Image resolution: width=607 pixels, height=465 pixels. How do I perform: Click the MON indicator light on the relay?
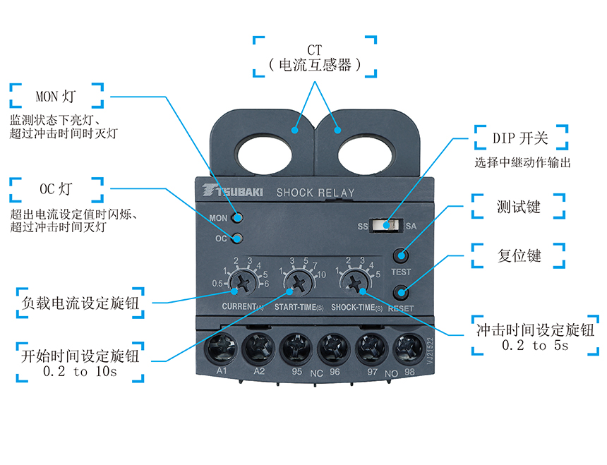coord(237,218)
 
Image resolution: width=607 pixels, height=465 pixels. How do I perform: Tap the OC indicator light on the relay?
coord(237,238)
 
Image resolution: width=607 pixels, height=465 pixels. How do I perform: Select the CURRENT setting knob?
coord(242,284)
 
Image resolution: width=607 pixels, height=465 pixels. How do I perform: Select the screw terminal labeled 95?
coord(296,348)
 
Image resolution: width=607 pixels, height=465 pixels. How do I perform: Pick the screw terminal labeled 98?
coord(405,348)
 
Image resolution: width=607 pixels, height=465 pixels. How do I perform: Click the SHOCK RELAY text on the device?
coord(315,193)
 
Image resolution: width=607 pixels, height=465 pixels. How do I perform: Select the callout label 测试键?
coord(519,207)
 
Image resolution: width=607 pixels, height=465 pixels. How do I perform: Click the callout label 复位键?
coord(519,255)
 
